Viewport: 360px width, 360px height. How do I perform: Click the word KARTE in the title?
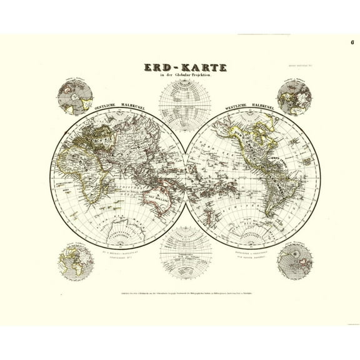pyautogui.click(x=201, y=67)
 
